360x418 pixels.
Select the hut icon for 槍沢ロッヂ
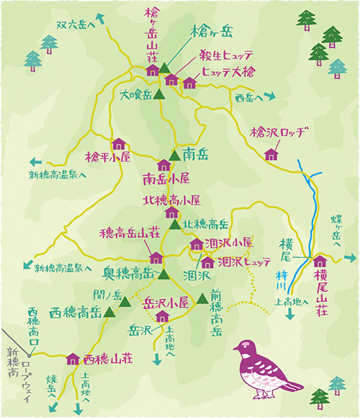271,154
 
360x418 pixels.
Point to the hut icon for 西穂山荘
72,359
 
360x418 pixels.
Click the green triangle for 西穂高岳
110,312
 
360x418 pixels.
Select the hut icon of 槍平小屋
119,143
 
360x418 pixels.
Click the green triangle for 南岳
174,154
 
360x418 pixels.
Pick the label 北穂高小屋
171,200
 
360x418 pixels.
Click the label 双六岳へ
76,25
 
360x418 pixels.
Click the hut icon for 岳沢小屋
162,316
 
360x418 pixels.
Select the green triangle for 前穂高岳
202,298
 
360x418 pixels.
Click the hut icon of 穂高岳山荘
156,257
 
